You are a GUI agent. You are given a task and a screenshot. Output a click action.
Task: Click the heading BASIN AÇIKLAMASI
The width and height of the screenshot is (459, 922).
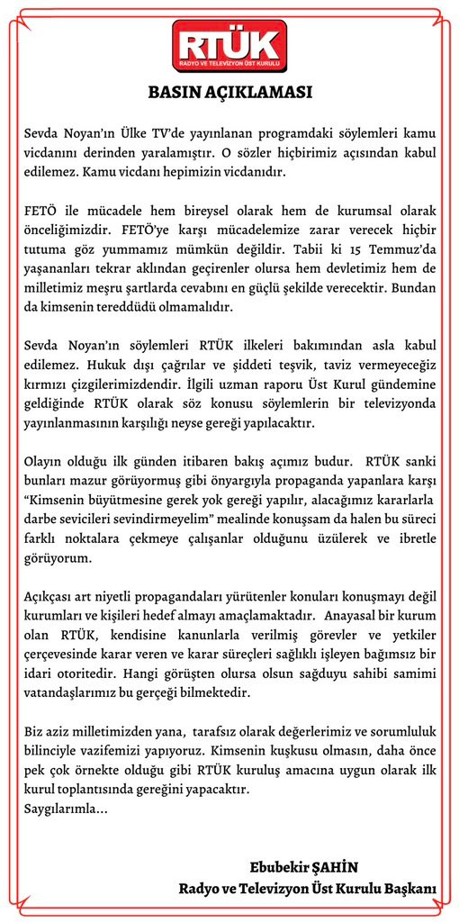coord(229,92)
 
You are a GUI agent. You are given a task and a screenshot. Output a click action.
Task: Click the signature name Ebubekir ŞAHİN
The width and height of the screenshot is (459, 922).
coord(304,867)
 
